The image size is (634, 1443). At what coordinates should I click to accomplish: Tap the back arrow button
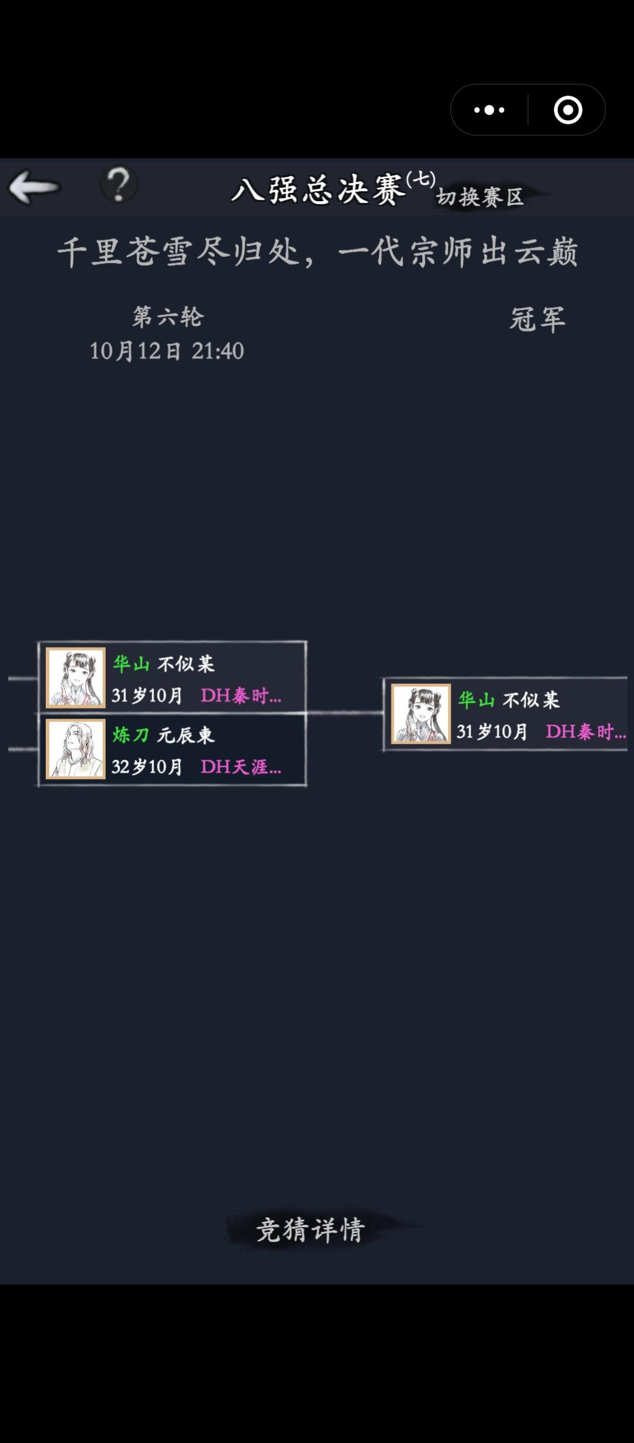click(34, 187)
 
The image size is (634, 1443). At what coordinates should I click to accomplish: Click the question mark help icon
click(119, 184)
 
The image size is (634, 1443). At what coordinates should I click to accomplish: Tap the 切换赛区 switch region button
click(480, 197)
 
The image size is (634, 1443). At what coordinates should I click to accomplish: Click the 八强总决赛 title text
click(319, 190)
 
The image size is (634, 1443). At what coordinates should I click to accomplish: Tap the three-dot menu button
click(489, 110)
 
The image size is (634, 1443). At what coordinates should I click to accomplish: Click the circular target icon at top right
click(568, 110)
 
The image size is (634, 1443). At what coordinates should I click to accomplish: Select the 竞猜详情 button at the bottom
click(311, 1229)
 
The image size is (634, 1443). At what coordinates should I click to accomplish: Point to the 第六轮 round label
click(168, 317)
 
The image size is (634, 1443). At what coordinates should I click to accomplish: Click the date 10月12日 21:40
click(167, 351)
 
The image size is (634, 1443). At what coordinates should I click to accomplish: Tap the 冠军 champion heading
click(537, 320)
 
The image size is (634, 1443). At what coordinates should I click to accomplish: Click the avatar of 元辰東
click(76, 749)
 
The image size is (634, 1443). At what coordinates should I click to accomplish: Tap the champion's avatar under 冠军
click(421, 713)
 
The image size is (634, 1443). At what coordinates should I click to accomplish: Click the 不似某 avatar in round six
click(76, 678)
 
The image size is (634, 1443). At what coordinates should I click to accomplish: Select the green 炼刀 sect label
click(130, 735)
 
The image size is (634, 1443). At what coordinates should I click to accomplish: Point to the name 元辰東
click(186, 735)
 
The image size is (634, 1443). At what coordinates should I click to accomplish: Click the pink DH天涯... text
click(241, 767)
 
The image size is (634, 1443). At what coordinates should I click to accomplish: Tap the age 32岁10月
click(147, 767)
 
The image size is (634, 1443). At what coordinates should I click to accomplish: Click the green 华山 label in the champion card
click(475, 700)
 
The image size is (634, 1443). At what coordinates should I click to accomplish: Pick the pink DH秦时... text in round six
click(241, 696)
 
